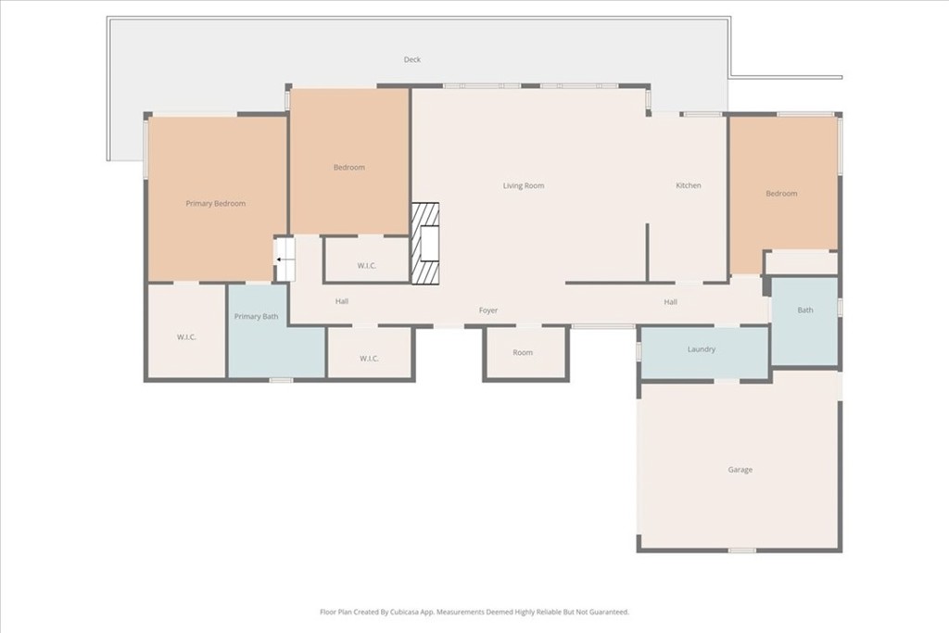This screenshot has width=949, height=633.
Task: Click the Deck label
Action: pos(412,59)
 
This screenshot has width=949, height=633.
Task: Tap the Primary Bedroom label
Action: pos(215,203)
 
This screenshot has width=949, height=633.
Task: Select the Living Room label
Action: pos(524,185)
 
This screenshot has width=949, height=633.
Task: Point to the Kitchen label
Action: pos(689,185)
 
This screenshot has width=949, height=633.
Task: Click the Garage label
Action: pos(740,470)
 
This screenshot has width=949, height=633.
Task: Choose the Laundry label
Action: pos(702,349)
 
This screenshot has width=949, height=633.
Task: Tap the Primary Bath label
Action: pos(256,317)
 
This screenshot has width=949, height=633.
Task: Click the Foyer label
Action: pos(488,310)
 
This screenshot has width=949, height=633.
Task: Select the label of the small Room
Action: pos(523,352)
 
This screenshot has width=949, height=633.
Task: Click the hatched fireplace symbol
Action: pos(424,243)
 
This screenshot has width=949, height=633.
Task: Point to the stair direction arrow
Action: pos(282,260)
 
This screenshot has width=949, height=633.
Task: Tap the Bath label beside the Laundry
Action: pos(805,310)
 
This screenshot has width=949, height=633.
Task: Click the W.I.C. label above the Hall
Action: pos(367,266)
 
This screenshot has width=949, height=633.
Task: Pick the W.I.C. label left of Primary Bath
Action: pos(186,337)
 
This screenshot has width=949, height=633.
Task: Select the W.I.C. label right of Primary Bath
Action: pos(369,359)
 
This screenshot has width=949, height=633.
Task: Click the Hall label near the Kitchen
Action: pos(671,302)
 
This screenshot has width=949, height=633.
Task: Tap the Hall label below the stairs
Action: pos(342,301)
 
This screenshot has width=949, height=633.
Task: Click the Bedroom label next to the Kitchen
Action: pos(781,194)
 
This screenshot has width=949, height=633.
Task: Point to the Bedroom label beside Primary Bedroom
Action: pos(349,167)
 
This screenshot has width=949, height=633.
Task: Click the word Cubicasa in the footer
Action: pos(405,612)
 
